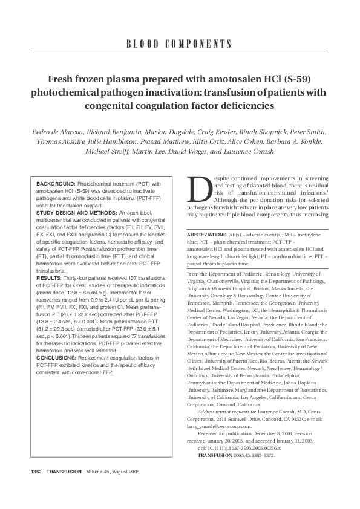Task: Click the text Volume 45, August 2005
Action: [x=113, y=488]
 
